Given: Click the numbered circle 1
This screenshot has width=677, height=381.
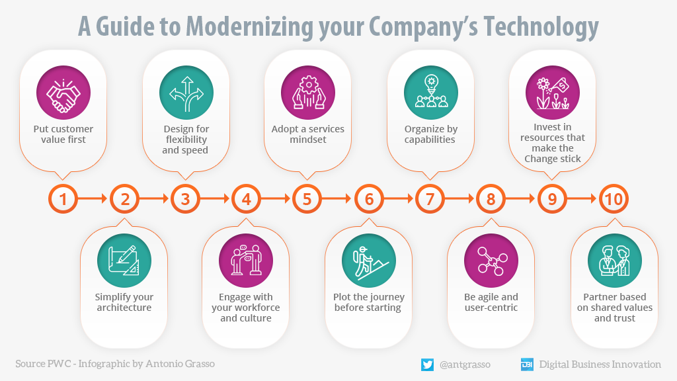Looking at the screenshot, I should point(63,198).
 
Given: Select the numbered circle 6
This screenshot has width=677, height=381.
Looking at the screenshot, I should point(369,198).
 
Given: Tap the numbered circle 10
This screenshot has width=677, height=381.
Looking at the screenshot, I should point(613,198).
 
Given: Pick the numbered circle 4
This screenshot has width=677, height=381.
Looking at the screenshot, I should point(247,198).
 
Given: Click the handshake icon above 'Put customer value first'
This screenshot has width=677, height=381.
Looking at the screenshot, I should point(64,93).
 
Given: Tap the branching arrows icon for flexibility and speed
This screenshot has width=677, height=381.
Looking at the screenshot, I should point(186,93).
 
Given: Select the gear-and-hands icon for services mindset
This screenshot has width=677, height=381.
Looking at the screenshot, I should point(308,93).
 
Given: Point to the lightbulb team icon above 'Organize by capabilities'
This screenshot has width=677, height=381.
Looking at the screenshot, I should point(431,93).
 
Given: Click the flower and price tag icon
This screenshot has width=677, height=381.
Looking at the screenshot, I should point(552,93).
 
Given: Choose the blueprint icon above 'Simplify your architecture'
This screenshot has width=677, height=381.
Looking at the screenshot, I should point(124,261).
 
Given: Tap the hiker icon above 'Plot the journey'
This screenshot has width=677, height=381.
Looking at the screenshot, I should point(369,261).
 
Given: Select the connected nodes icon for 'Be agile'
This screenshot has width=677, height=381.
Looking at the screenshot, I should point(491,261).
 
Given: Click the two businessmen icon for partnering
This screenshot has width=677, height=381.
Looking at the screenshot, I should point(614,261).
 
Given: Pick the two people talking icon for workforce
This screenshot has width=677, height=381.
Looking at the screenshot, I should point(247,261).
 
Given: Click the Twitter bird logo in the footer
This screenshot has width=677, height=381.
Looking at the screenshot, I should point(427,364).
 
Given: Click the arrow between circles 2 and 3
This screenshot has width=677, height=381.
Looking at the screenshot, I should point(155,198).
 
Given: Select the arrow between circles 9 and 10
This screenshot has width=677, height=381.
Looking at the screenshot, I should point(582,198).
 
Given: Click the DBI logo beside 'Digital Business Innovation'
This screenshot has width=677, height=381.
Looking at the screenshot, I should point(527,364).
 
